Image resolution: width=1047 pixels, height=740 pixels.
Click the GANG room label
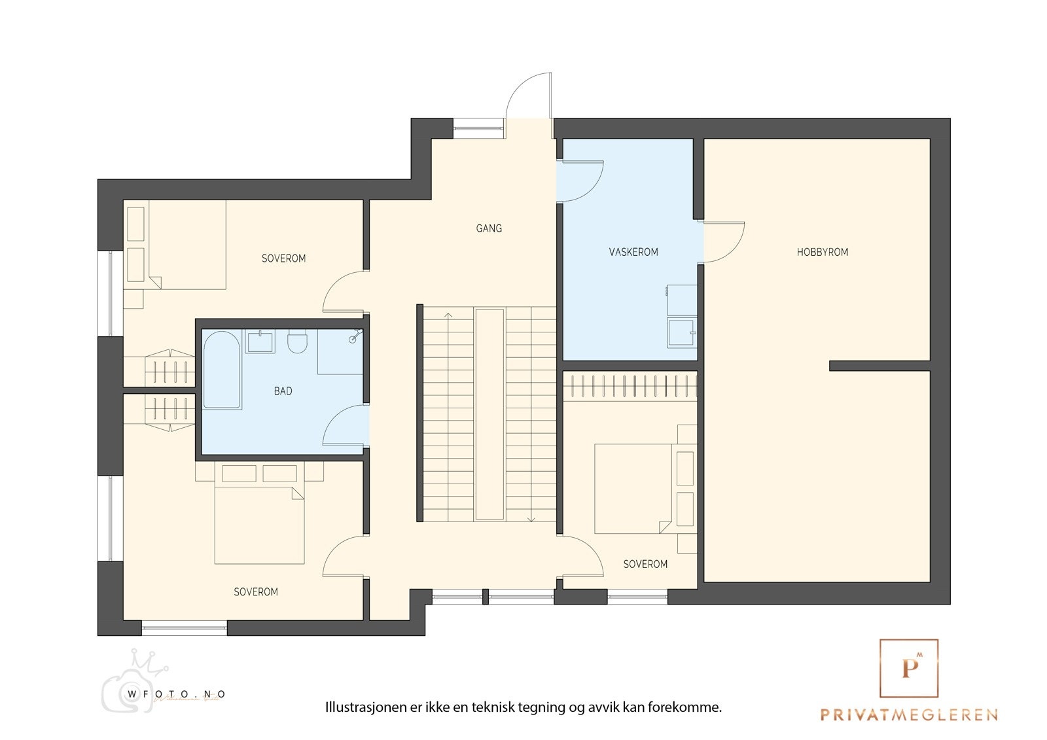489,228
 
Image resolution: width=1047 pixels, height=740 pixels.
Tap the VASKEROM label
633,252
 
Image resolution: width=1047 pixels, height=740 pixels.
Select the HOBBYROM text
822,252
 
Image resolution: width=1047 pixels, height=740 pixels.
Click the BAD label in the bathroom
283,391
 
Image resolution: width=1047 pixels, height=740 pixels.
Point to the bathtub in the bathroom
222,370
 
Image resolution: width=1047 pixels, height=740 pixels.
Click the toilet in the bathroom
297,342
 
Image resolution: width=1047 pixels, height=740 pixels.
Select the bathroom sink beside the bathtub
260,342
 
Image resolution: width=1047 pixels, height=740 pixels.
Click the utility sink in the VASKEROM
681,332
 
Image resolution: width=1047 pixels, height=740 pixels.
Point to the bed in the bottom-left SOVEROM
259,525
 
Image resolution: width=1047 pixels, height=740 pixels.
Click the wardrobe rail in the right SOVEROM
630,386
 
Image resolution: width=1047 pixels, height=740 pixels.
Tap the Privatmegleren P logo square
908,668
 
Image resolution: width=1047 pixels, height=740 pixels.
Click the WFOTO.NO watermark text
176,694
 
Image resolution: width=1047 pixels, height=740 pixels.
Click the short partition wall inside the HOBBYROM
879,366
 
